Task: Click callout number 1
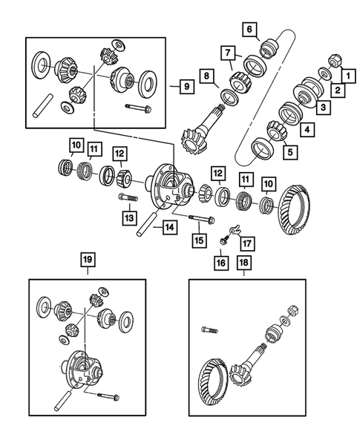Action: (x=345, y=75)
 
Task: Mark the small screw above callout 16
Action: (x=222, y=241)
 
